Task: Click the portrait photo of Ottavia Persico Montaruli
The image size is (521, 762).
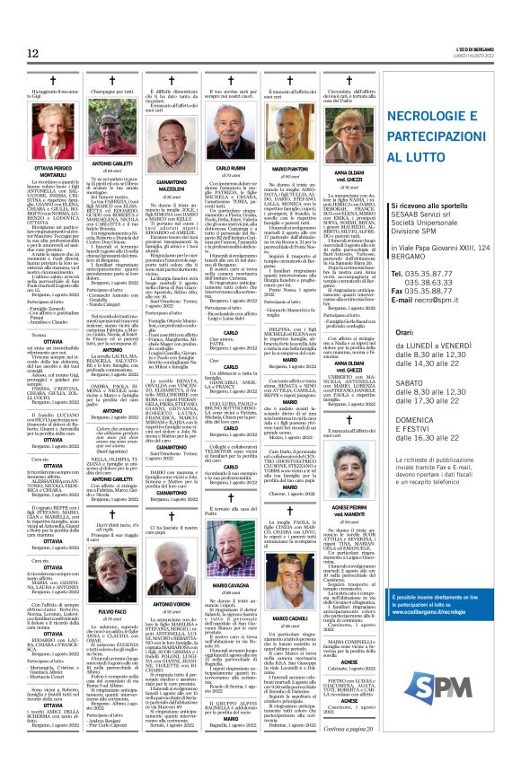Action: tap(39, 127)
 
